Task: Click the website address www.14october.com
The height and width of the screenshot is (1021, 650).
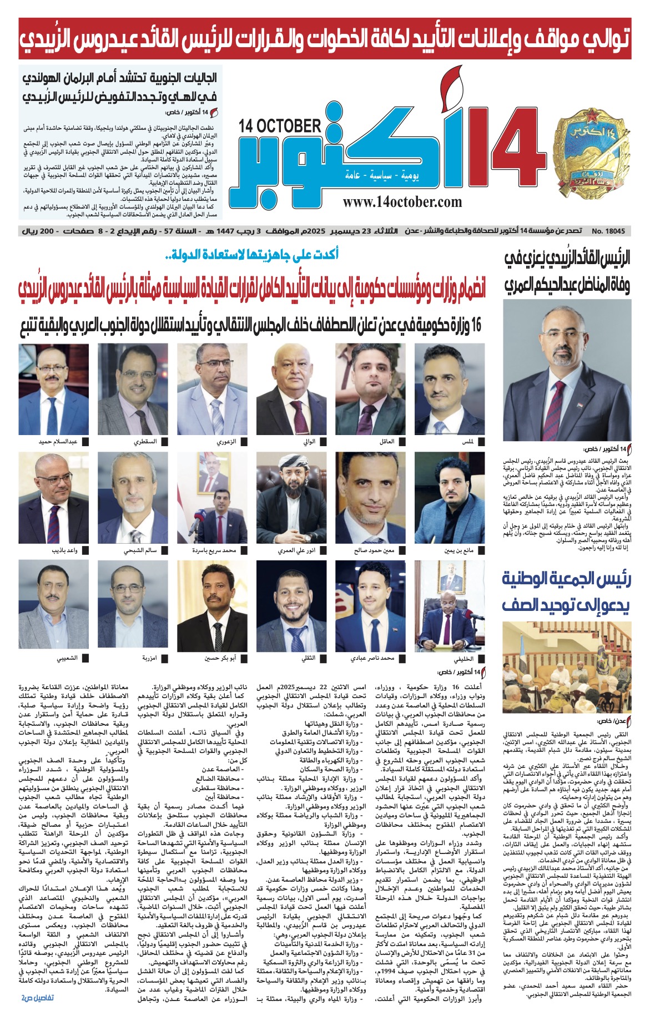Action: (x=402, y=202)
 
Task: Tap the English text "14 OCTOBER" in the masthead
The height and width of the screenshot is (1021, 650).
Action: (x=280, y=126)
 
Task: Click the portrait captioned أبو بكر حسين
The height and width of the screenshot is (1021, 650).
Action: (x=212, y=605)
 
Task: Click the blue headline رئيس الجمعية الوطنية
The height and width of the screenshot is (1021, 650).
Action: (x=566, y=579)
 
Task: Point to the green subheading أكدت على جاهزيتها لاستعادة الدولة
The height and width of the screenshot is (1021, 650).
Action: (x=253, y=255)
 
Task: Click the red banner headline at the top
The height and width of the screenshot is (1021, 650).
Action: (x=325, y=38)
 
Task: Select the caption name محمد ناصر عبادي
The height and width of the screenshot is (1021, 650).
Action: (x=372, y=659)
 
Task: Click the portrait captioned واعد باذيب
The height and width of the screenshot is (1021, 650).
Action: (x=54, y=498)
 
